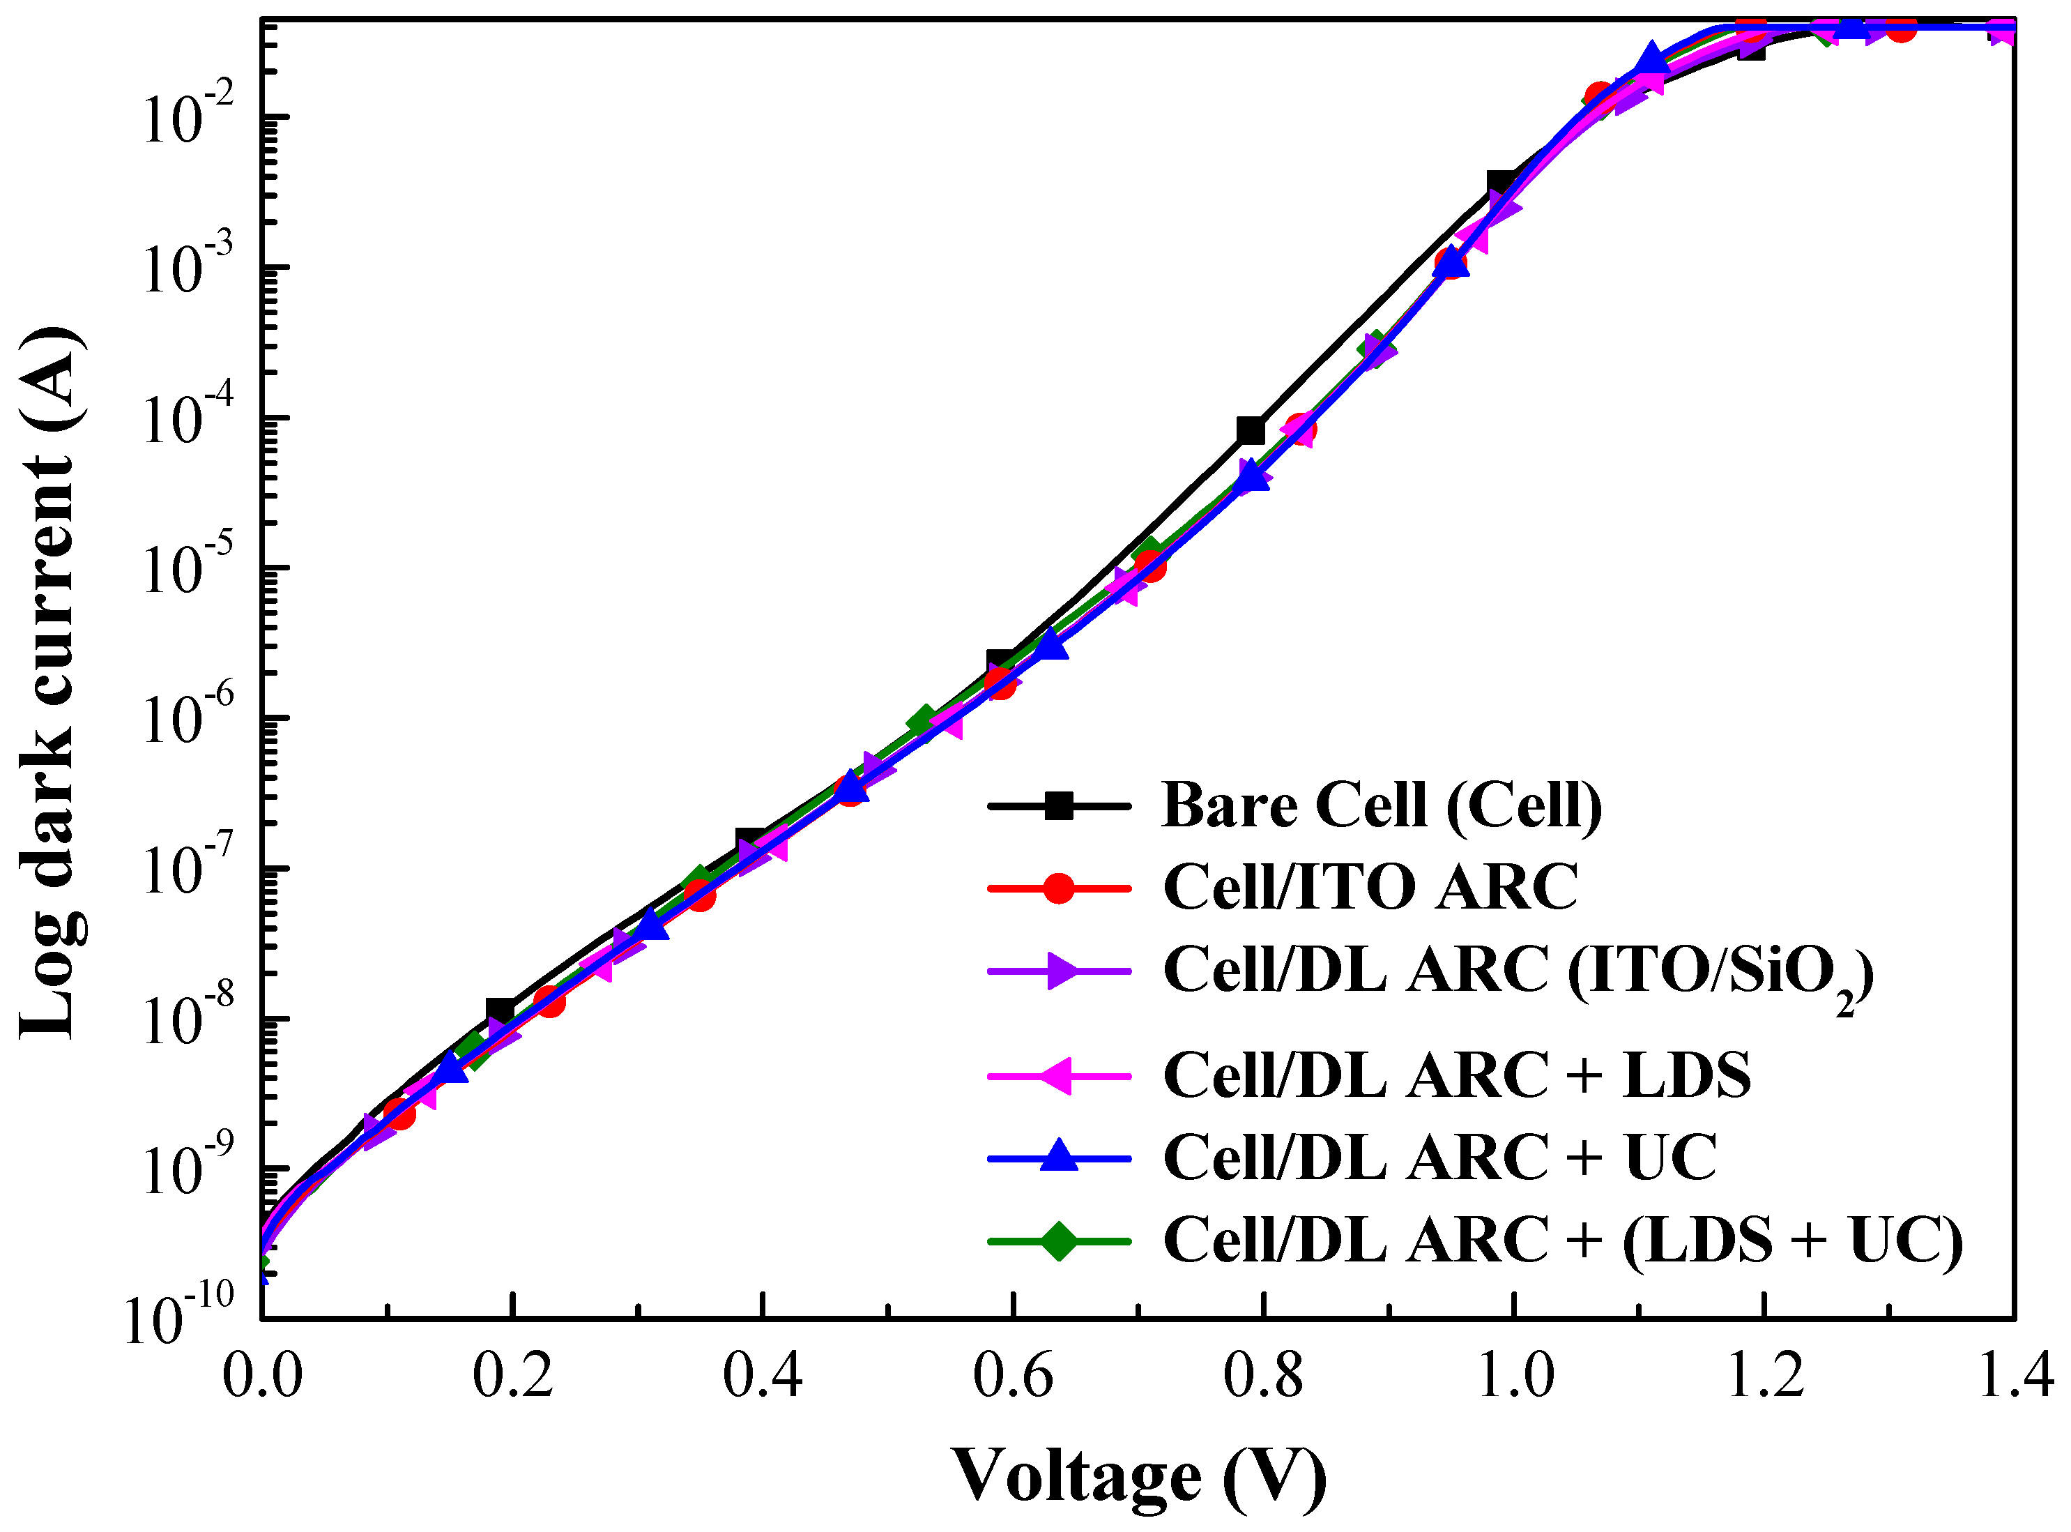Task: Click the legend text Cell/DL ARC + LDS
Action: [x=1456, y=1076]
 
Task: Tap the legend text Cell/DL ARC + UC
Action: [x=1439, y=1158]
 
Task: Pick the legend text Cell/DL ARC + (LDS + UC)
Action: [x=1563, y=1241]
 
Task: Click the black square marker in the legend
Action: [x=1059, y=805]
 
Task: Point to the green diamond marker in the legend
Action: [x=1059, y=1241]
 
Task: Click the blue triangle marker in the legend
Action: [x=1059, y=1158]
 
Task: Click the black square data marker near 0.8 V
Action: [x=1251, y=430]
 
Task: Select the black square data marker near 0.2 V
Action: [x=500, y=1012]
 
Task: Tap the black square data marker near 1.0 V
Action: [x=1501, y=183]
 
